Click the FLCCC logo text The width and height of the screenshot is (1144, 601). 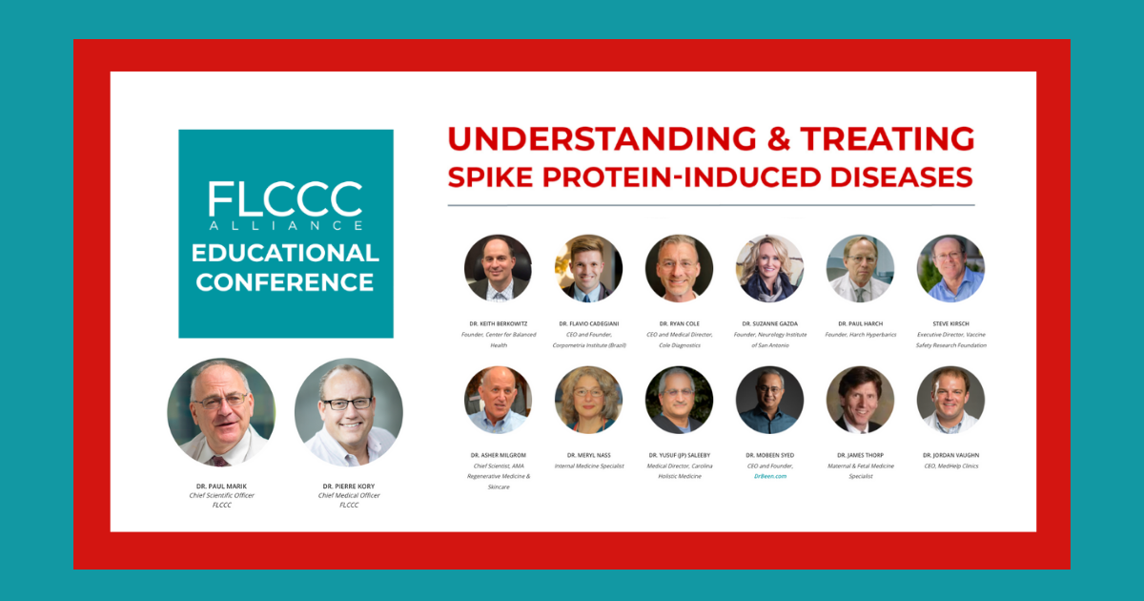[285, 198]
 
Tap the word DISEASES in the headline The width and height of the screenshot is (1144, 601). [892, 176]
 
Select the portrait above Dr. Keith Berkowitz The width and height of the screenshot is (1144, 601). [498, 268]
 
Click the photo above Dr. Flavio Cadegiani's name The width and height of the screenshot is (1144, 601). [588, 268]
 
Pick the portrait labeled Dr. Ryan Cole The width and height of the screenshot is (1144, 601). [679, 268]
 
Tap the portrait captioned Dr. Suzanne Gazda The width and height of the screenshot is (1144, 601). [769, 268]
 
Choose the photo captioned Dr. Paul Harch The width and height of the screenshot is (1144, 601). [860, 268]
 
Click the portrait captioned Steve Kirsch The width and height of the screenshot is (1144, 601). [950, 268]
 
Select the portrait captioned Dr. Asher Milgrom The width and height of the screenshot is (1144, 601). [498, 400]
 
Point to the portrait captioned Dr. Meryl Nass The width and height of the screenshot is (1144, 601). [588, 400]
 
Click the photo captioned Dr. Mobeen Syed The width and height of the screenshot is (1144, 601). [769, 400]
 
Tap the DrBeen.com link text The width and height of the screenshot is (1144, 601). [769, 475]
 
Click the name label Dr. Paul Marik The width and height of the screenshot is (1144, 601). [220, 487]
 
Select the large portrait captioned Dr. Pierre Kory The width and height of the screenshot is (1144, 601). [349, 412]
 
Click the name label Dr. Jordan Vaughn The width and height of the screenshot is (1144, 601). [950, 455]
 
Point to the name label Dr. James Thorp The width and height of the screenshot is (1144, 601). [860, 455]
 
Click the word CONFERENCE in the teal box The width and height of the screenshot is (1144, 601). [285, 282]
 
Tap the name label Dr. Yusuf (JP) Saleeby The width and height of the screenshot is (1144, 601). [679, 455]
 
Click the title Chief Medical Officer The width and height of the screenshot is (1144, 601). [349, 495]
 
